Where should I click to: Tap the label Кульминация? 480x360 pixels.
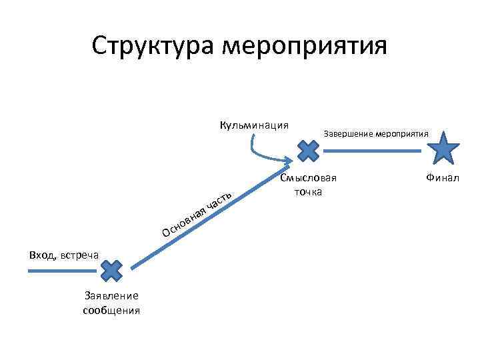[254, 125]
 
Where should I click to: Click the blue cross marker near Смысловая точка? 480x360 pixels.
[307, 151]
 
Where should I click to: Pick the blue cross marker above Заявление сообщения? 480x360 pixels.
[111, 271]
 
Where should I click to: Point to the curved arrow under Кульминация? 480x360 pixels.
[267, 152]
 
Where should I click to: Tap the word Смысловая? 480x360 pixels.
[309, 178]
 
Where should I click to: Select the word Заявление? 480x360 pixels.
[111, 296]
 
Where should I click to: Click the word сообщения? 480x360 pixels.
[111, 310]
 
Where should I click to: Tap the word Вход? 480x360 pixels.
[42, 254]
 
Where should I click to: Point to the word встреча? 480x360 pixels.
[79, 255]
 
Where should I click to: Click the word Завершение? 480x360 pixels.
[348, 133]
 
